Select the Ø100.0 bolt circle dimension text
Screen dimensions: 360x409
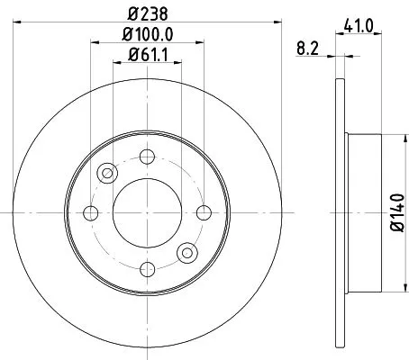point(148,36)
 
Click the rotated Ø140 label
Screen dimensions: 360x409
point(397,212)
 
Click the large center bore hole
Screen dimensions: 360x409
point(147,211)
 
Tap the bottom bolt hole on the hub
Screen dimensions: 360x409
point(147,268)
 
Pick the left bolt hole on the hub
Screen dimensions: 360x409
point(90,212)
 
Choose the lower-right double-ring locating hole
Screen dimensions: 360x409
point(186,252)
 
